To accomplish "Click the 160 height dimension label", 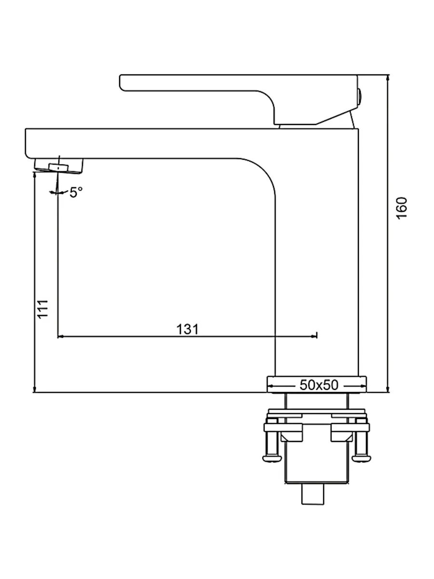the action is (x=402, y=207).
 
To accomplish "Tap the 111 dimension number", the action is (x=43, y=308).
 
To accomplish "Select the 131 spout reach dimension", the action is (x=188, y=329).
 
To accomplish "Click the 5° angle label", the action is (x=76, y=193).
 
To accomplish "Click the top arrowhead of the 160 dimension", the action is (x=388, y=78).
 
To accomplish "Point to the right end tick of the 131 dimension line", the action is (x=317, y=335).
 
